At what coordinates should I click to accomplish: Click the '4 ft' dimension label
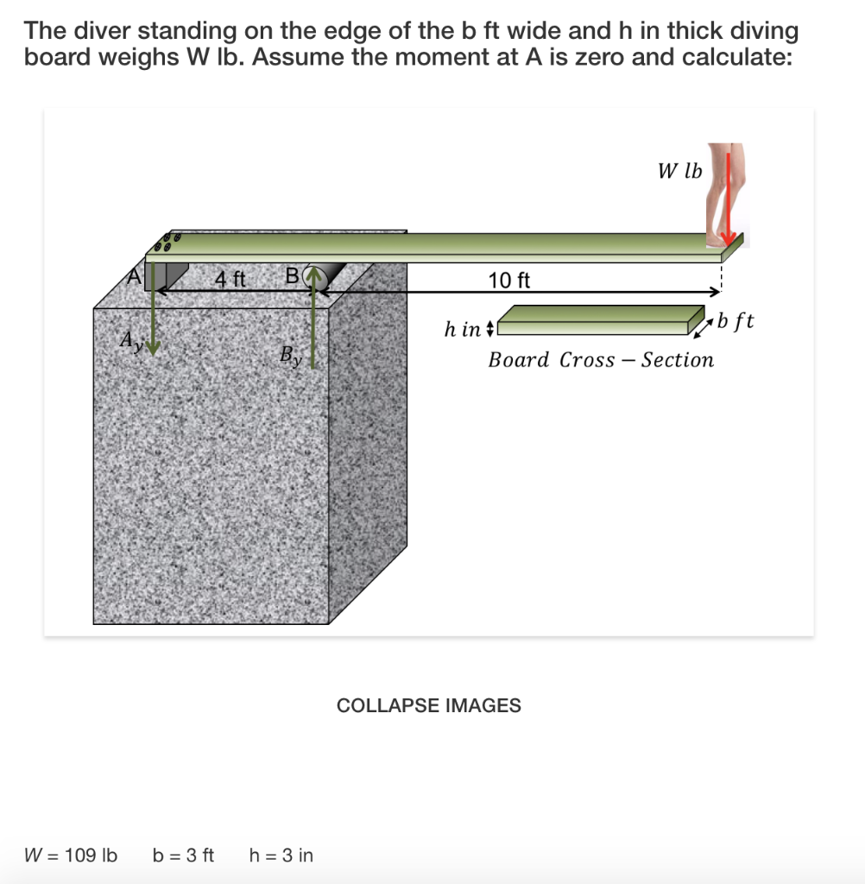coord(230,279)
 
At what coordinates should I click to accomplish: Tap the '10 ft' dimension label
coord(509,280)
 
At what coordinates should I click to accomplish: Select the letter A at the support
coord(134,276)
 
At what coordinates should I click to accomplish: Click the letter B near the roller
coord(292,277)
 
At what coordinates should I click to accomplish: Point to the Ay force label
coord(130,340)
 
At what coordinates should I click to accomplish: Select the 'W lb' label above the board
coord(679,171)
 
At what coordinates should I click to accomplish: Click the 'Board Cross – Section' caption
coord(601,360)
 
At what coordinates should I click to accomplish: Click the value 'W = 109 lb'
coord(70,856)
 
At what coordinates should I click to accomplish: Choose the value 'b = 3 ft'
coord(183,856)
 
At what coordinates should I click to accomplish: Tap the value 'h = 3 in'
coord(281,856)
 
